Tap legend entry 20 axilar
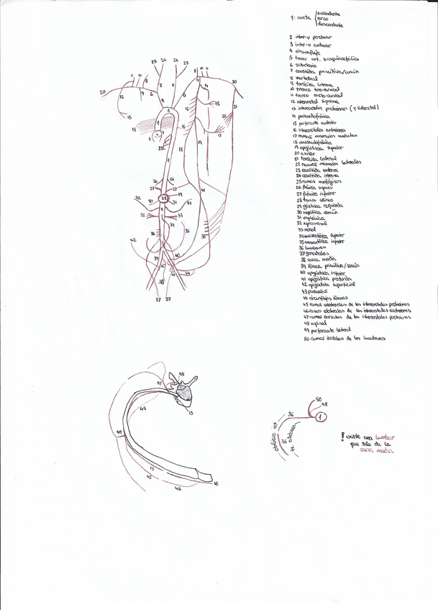pyautogui.click(x=302, y=153)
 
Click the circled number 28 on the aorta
pyautogui.click(x=164, y=199)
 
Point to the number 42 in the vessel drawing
pyautogui.click(x=132, y=240)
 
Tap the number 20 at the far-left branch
pyautogui.click(x=102, y=91)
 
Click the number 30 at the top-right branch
pyautogui.click(x=234, y=82)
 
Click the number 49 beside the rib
pyautogui.click(x=119, y=432)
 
